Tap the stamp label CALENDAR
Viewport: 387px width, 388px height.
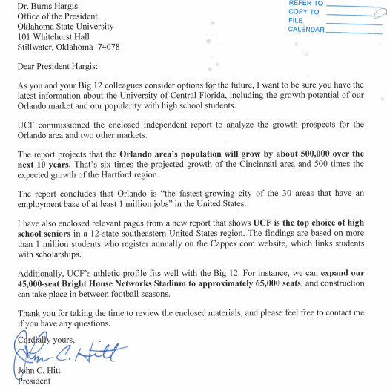[x=306, y=30]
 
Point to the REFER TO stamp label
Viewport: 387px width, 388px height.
[x=306, y=4]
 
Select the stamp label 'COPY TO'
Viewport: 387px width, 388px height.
[x=303, y=13]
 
